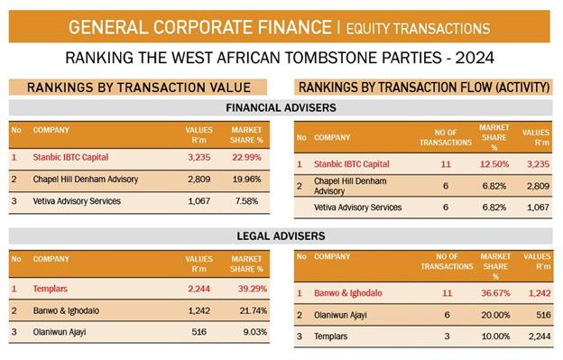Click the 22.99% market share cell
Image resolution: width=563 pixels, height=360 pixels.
(x=246, y=157)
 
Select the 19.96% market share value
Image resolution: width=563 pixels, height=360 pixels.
(x=246, y=180)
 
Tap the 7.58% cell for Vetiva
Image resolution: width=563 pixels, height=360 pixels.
(x=246, y=201)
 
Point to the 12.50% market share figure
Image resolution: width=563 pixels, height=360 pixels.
(x=494, y=164)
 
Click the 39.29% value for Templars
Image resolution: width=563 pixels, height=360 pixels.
(x=252, y=289)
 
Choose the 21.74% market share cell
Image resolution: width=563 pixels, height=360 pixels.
(x=254, y=310)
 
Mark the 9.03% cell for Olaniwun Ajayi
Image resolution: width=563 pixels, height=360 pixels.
(x=255, y=332)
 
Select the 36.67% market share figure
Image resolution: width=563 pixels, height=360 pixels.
(x=495, y=293)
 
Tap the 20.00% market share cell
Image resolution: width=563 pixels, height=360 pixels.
(x=495, y=315)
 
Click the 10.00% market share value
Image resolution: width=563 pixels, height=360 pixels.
(x=495, y=337)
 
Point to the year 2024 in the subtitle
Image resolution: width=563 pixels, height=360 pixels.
(x=475, y=58)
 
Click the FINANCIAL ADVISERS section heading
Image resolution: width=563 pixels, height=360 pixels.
(x=281, y=107)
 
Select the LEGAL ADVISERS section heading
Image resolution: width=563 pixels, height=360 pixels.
(x=281, y=235)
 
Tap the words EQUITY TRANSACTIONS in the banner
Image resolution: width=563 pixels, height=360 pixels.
(x=418, y=28)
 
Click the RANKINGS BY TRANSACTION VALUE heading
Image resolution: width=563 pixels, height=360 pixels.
(x=139, y=88)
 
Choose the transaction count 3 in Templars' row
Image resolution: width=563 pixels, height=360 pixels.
(x=447, y=337)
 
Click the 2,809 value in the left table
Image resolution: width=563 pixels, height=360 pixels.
(x=198, y=180)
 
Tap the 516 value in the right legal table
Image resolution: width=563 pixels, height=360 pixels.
(x=543, y=315)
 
